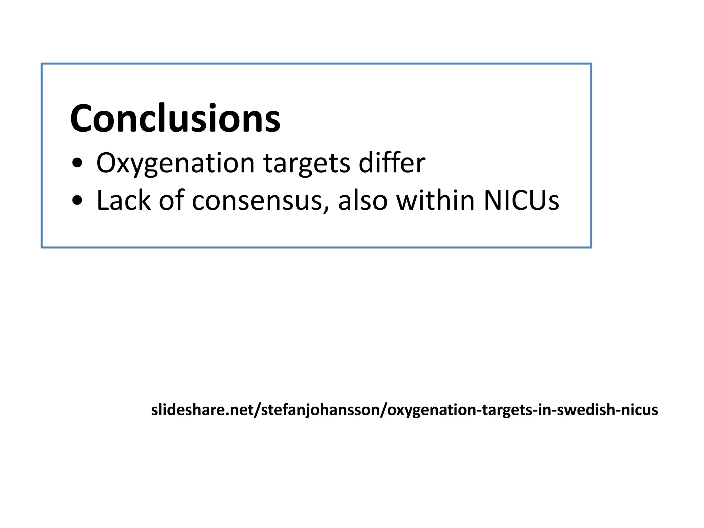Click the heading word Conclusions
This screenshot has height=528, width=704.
click(175, 119)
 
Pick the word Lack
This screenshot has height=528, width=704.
click(123, 200)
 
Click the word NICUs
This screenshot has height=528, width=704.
click(521, 200)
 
